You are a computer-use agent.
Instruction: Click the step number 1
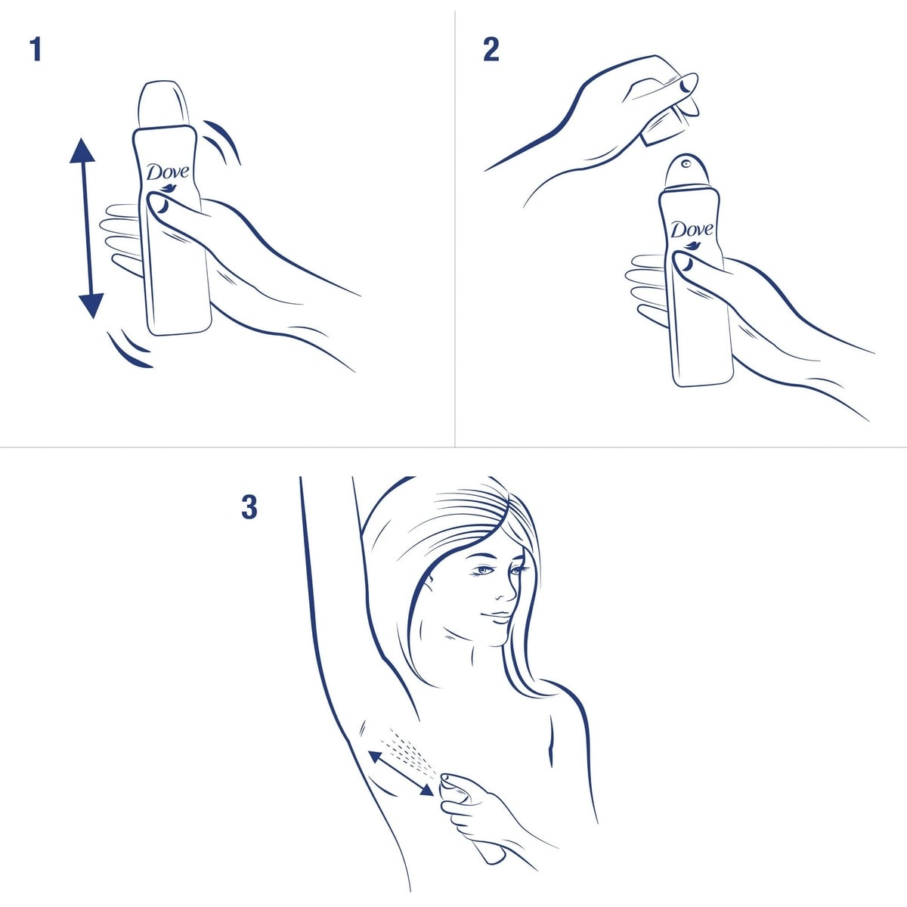35,50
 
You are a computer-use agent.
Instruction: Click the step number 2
491,50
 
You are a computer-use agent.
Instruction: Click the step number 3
249,507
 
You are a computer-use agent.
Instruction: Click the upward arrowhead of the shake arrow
82,151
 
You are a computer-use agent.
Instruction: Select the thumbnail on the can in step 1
159,204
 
